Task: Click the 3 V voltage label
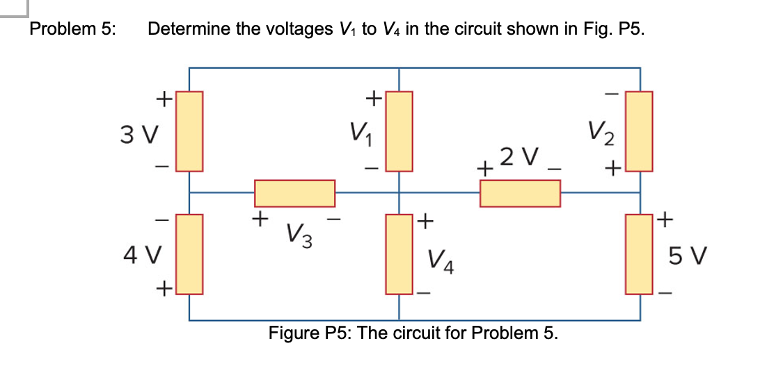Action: coord(140,132)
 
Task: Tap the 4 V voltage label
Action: coord(140,254)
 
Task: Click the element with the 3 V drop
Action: coord(189,131)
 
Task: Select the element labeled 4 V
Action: coord(189,254)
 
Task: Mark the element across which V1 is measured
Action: coord(399,131)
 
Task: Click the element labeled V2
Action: coord(640,131)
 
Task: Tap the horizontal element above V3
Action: coord(295,193)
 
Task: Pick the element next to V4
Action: coord(399,254)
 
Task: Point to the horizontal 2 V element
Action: coord(520,193)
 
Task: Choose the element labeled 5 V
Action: coord(640,254)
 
